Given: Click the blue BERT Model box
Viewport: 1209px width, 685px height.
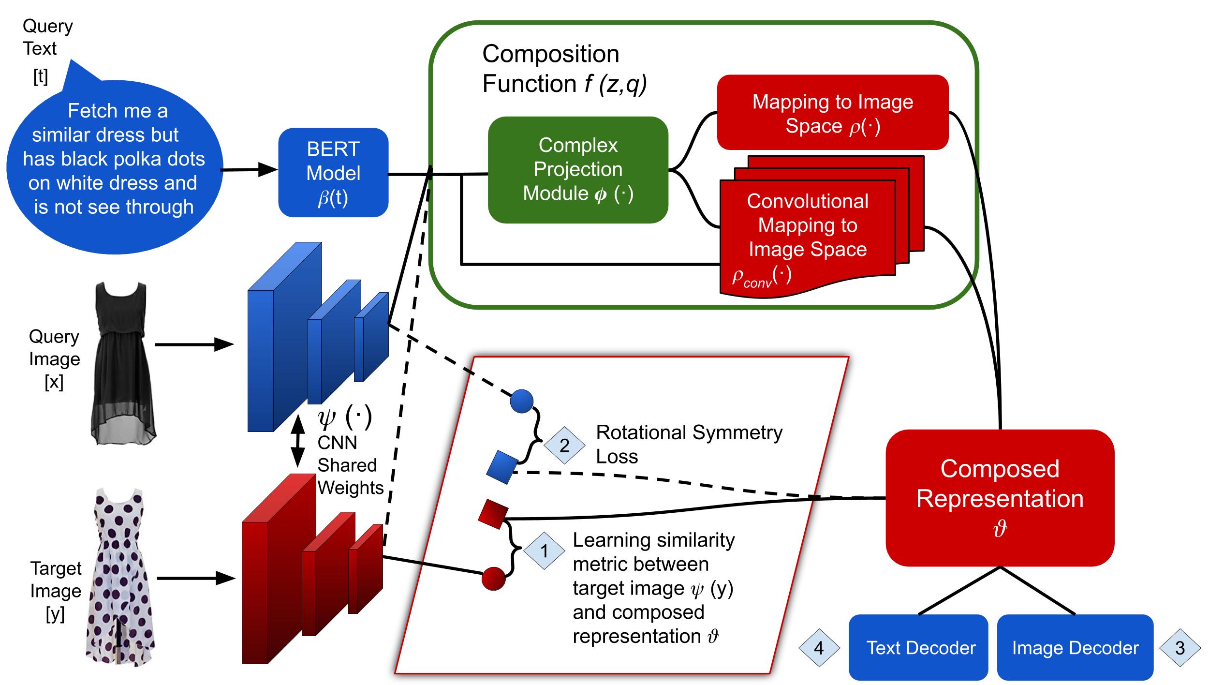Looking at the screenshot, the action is [333, 172].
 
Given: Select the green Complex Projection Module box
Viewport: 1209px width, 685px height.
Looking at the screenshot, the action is [578, 170].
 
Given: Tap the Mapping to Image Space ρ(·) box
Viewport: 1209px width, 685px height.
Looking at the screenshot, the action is [833, 112].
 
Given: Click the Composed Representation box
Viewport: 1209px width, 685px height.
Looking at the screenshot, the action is [1000, 498].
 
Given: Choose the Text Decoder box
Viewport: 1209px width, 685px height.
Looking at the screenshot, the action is [918, 647].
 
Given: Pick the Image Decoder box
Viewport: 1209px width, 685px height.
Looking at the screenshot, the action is [1076, 647].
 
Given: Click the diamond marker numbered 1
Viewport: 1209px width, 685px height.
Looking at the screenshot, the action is [545, 551].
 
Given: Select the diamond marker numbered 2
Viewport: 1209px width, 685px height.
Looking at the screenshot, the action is [564, 446].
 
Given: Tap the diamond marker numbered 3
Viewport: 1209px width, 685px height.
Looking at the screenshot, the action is [1180, 648].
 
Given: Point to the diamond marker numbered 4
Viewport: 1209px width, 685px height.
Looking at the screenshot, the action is [819, 648].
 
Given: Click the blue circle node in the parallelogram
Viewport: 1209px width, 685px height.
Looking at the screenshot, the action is [522, 401].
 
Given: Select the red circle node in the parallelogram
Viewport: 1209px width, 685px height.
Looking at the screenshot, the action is [494, 579].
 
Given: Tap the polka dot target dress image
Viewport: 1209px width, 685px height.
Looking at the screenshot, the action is [120, 578].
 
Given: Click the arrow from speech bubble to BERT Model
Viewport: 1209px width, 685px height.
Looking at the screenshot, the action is [249, 170].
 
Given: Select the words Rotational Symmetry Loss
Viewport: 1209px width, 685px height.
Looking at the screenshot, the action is [689, 444].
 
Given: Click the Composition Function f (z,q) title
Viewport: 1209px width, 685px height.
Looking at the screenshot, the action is [564, 69].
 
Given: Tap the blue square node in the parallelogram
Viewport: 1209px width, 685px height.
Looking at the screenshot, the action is [501, 467].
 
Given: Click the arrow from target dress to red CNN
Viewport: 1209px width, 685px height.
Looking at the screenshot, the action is [196, 578].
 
